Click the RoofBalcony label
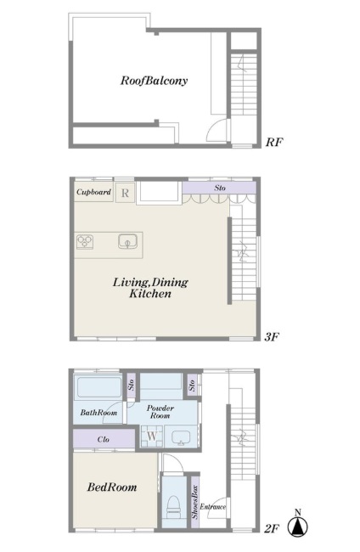[154, 81]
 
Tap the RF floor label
[274, 142]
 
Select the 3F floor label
[272, 337]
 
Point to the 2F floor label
[272, 528]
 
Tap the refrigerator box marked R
[125, 193]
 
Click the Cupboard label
[93, 192]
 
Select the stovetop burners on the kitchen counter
[85, 242]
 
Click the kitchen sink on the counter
[127, 242]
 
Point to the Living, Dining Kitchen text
[150, 288]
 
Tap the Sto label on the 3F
[220, 188]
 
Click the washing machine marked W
[152, 437]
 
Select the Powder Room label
[160, 412]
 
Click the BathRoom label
[98, 413]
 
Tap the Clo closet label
[104, 439]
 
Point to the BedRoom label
[112, 487]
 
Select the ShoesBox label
[195, 502]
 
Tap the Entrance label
[213, 507]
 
